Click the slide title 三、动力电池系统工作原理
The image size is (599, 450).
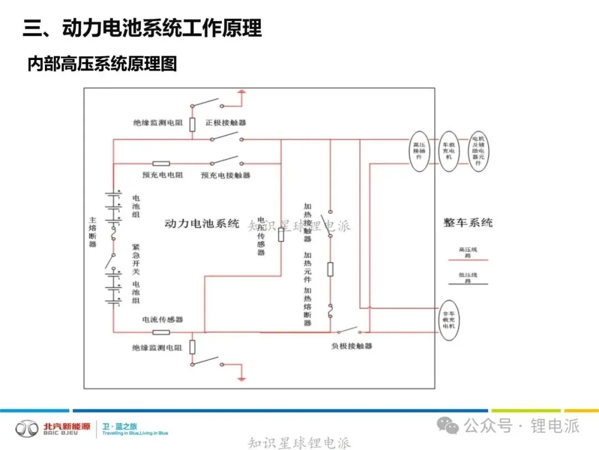click(142, 28)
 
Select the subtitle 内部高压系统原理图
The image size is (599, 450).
click(102, 64)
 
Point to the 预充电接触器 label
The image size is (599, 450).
click(226, 175)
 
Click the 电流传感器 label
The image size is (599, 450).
click(163, 320)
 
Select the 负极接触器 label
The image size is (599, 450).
click(352, 346)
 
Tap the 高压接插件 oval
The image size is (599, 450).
click(419, 151)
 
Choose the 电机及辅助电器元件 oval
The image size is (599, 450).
click(478, 151)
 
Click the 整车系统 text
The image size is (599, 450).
click(468, 223)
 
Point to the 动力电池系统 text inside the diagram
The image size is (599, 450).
click(202, 224)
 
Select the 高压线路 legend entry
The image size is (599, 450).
click(468, 253)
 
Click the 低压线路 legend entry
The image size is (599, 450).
click(468, 278)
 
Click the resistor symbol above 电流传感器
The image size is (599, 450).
click(161, 332)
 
